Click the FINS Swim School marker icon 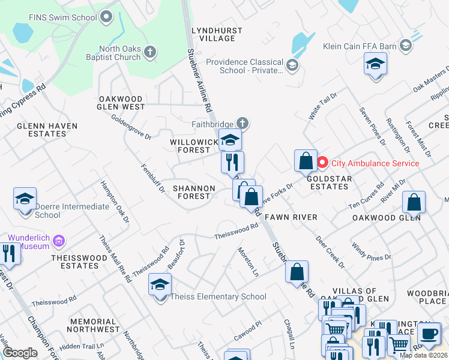point(107,17)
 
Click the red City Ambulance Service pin point(322,163)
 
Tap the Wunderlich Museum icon point(58,241)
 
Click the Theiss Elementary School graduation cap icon point(160,285)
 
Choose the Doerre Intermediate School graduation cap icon point(25,199)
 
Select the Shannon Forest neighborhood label point(193,192)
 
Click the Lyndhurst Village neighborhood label point(216,34)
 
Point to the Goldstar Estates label point(328,182)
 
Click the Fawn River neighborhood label point(291,216)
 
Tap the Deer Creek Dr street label point(330,251)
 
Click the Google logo point(20,353)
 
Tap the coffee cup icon point(429,334)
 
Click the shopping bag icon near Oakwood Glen point(414,203)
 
